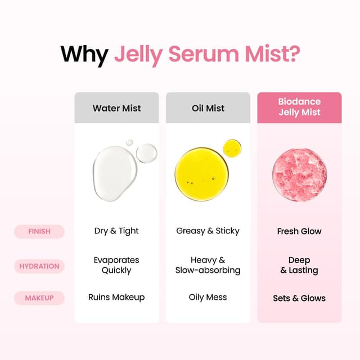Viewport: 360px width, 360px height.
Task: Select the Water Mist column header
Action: click(117, 108)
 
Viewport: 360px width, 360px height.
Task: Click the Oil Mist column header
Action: click(208, 108)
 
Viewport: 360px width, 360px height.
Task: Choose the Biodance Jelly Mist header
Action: click(299, 107)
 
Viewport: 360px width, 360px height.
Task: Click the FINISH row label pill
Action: click(39, 231)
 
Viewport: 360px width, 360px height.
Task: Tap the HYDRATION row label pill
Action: click(39, 265)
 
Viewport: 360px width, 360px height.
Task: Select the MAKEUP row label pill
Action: click(39, 298)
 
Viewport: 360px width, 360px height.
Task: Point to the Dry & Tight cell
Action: click(117, 231)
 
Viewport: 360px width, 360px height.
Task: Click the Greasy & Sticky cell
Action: click(208, 231)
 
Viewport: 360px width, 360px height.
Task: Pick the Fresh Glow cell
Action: click(299, 231)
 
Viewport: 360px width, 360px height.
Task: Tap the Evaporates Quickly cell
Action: click(117, 265)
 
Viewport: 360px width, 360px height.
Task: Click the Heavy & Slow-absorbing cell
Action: click(208, 265)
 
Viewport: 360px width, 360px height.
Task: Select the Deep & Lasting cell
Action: click(299, 265)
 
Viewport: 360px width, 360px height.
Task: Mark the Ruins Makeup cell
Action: click(117, 298)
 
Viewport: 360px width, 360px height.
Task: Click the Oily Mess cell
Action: click(208, 298)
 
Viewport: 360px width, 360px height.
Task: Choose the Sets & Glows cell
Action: click(299, 298)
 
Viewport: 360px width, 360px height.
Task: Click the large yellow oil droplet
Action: click(201, 174)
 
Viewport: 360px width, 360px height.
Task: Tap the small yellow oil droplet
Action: click(232, 148)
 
